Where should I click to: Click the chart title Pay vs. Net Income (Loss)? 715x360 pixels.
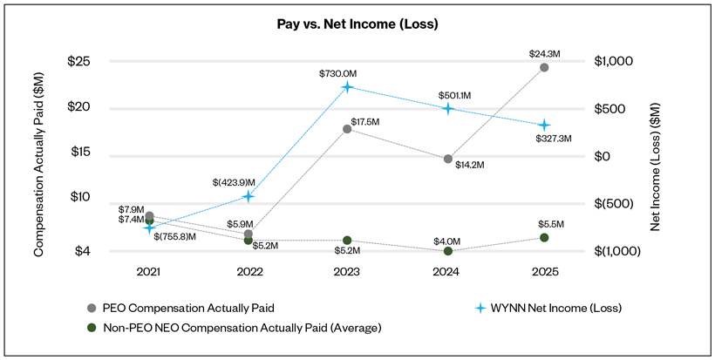[x=357, y=24]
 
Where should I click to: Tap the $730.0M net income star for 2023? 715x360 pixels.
[x=347, y=87]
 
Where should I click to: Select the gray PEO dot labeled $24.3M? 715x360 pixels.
[x=544, y=67]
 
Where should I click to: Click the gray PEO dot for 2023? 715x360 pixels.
[x=347, y=129]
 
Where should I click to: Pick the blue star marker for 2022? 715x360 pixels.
[x=249, y=196]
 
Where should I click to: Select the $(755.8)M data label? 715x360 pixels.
[x=174, y=236]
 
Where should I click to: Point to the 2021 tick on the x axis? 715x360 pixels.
[x=149, y=273]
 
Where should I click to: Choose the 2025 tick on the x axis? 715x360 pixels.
[x=544, y=273]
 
